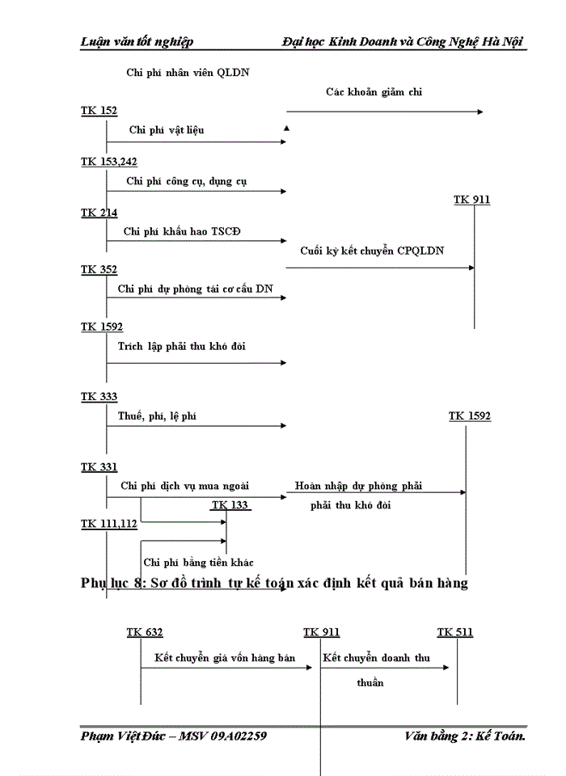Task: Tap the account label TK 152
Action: tap(99, 110)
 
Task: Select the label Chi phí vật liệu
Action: tap(171, 129)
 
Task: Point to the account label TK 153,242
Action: tap(108, 162)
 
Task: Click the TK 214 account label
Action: tap(99, 213)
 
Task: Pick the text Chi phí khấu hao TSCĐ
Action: tap(182, 231)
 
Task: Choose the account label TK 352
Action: tap(99, 269)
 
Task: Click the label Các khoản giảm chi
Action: tap(374, 92)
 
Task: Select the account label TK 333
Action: tap(99, 397)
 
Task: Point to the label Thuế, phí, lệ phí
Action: tap(158, 416)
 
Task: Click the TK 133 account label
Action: tap(230, 505)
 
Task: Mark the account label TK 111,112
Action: tap(108, 524)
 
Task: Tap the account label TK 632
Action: tap(145, 632)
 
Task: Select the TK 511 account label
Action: tap(455, 632)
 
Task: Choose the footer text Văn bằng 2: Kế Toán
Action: tap(466, 736)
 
